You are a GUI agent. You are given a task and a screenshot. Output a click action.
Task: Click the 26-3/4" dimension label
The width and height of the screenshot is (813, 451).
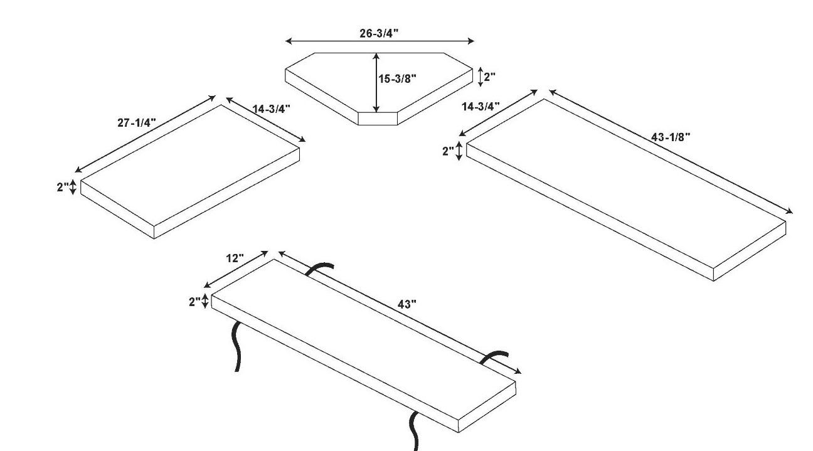(x=379, y=33)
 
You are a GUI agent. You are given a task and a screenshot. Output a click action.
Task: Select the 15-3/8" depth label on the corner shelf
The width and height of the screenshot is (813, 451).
(x=398, y=78)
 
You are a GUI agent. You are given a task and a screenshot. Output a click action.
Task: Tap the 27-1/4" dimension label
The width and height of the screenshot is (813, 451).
(x=137, y=123)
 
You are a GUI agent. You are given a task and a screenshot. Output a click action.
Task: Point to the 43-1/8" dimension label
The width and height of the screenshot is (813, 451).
(x=671, y=137)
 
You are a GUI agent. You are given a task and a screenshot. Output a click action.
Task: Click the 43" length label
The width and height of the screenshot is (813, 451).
(x=407, y=304)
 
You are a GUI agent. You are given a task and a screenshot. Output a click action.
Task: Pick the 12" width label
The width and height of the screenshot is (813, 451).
(x=235, y=258)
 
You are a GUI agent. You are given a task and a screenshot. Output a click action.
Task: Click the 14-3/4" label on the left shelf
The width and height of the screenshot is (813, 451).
(x=272, y=109)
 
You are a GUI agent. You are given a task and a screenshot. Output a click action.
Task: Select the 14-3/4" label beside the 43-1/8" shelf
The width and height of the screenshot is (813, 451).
(x=481, y=107)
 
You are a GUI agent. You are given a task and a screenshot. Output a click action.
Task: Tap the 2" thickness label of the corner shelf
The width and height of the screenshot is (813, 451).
(x=490, y=77)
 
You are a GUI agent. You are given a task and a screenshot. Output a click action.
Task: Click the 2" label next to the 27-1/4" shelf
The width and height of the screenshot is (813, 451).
(x=63, y=187)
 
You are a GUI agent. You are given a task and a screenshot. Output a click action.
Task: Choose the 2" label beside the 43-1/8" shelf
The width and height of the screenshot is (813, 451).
(x=449, y=151)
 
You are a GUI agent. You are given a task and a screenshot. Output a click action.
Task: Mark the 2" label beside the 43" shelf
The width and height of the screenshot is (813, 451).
(x=195, y=302)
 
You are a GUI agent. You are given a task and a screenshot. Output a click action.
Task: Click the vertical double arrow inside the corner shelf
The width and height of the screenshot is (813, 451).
(x=376, y=82)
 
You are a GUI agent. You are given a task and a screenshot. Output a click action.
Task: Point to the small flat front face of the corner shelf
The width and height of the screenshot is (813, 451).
(x=378, y=119)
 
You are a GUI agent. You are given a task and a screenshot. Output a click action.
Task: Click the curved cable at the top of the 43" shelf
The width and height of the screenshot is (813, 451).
(x=319, y=269)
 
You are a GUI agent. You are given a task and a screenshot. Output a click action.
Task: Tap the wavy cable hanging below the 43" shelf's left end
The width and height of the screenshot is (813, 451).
(x=236, y=346)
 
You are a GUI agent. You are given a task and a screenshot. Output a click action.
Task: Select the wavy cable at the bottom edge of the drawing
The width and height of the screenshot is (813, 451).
(x=414, y=432)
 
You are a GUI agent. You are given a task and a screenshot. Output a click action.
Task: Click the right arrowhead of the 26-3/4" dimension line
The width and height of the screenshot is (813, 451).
(x=471, y=41)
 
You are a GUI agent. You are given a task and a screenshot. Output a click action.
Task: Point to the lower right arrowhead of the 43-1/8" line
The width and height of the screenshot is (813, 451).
(x=789, y=211)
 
